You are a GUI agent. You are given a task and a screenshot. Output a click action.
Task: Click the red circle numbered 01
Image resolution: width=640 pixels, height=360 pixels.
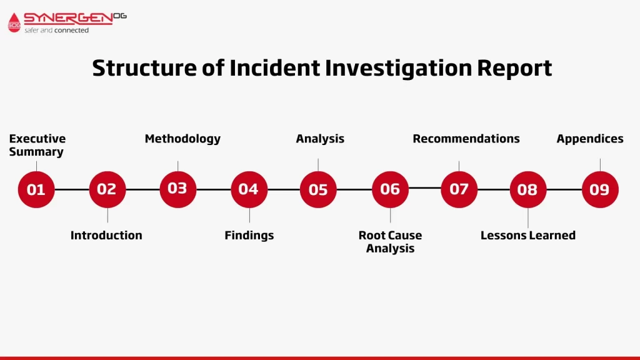point(36,189)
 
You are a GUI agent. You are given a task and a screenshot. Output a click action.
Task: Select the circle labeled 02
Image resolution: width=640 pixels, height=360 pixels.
point(107,189)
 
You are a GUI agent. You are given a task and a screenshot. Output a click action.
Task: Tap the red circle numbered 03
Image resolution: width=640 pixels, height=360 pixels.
point(178,189)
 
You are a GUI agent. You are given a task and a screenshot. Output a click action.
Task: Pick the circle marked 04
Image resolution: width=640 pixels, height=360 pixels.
point(249,189)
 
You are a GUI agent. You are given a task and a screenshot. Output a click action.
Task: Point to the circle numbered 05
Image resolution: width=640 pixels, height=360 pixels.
point(318,189)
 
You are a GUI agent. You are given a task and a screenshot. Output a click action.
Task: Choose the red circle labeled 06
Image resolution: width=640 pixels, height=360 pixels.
point(390,189)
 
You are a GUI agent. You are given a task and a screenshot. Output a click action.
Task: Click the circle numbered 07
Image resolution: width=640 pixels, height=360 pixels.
point(459,189)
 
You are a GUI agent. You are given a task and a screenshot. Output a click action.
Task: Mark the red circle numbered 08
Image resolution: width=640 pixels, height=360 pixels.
point(527,189)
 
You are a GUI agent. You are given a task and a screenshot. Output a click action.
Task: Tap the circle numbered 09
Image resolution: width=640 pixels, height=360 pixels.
point(600,189)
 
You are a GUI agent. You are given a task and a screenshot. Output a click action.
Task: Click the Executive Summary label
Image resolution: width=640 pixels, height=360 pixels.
point(37,145)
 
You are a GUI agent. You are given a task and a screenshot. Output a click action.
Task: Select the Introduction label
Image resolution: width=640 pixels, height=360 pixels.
point(106,235)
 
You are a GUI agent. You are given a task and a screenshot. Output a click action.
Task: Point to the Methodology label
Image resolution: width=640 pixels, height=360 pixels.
point(182,139)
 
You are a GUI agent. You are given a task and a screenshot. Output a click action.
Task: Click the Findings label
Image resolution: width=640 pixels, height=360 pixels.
point(249,236)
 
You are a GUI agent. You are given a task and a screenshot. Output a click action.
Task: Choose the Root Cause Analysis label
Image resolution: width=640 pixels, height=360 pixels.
point(390,242)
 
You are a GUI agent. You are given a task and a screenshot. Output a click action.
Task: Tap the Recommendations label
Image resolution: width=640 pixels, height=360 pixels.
point(466,139)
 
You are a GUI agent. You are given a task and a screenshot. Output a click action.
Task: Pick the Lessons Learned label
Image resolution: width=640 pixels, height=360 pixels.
point(527,235)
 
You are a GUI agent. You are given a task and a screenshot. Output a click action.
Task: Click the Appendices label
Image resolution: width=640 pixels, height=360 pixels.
point(590,139)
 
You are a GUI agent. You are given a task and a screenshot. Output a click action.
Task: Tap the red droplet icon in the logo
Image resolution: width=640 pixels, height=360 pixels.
point(14,22)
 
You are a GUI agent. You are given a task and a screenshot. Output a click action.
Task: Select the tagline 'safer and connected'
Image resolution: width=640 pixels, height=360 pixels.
point(56,30)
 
